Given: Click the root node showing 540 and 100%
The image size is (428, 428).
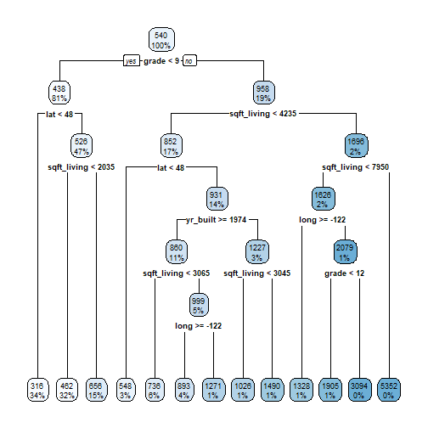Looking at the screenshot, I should pos(160,38).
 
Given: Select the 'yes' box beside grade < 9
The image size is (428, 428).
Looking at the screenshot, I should pos(132,61).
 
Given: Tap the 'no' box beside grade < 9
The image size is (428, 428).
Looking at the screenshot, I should pos(189,61).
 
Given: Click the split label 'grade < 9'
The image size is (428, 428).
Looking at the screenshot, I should pos(160,61).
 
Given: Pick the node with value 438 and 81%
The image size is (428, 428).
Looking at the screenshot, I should pos(59,92).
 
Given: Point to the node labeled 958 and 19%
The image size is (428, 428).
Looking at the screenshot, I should pos(262,92).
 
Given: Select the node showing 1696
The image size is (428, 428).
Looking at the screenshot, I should pos(356,145).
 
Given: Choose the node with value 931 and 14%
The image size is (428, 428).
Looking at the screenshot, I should pos(216,199).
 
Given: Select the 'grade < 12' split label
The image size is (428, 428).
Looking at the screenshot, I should pos(344,274).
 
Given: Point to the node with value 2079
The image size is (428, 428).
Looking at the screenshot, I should pos(344,252).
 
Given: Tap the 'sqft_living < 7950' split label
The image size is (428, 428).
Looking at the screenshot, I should pos(356,167).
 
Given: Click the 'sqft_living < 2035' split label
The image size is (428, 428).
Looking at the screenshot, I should pos(82,167).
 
